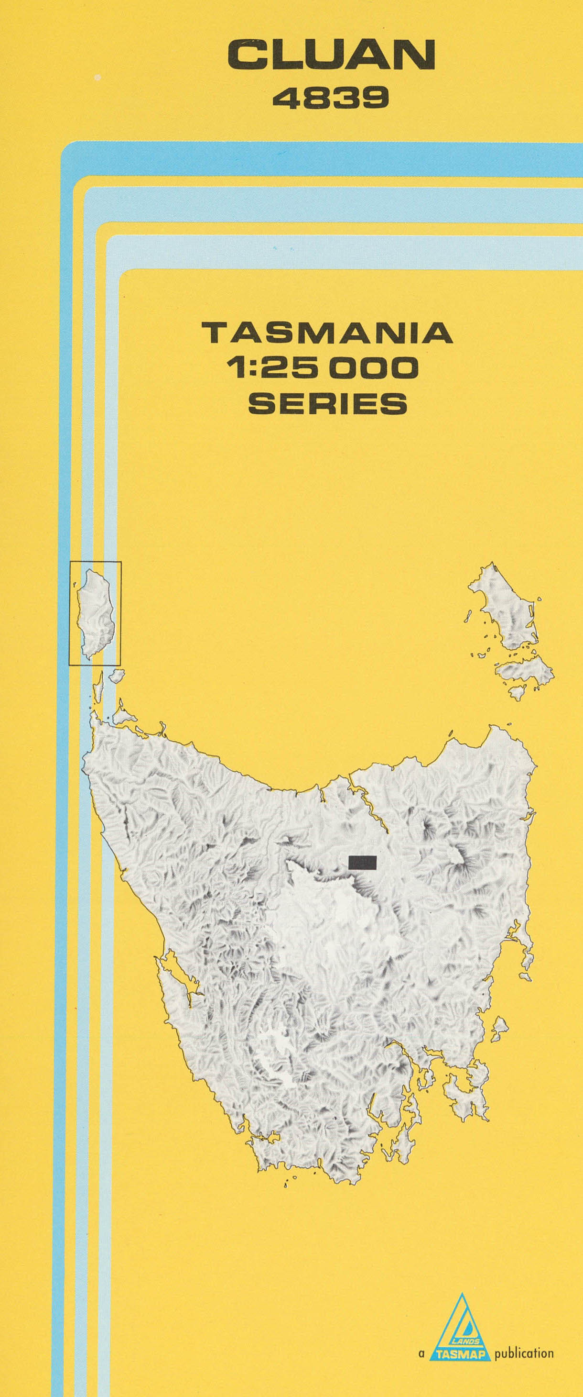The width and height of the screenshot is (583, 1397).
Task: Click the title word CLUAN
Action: tap(331, 55)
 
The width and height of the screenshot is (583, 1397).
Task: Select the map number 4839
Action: tap(331, 99)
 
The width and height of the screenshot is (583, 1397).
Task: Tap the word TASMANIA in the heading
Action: tap(327, 333)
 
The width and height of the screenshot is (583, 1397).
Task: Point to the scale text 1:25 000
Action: tap(324, 368)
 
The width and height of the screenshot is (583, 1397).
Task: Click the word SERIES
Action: tap(327, 403)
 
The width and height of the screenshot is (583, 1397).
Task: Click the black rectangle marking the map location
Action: tap(363, 862)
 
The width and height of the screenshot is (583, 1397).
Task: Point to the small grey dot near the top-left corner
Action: tap(97, 78)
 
